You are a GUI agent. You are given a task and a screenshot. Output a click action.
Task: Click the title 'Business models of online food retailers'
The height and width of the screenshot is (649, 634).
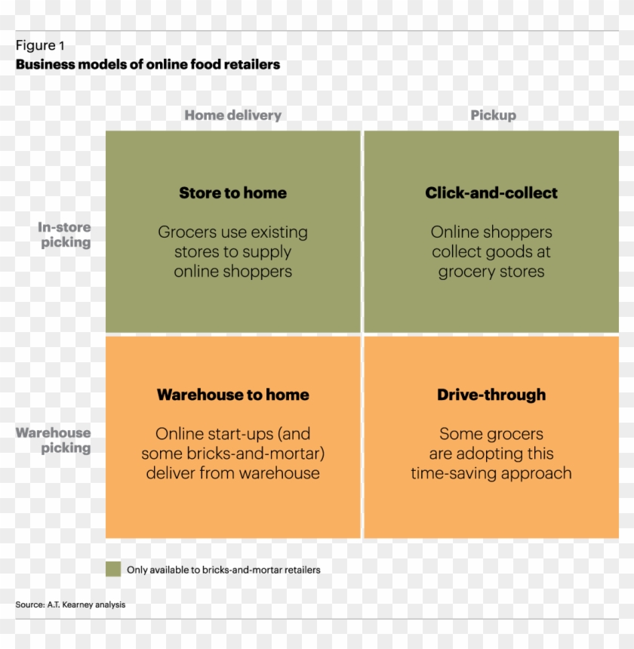[x=148, y=65]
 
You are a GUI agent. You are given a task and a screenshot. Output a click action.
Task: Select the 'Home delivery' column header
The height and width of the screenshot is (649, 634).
[x=232, y=115]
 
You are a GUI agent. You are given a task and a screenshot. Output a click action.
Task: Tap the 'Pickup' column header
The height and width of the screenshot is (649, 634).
[x=493, y=115]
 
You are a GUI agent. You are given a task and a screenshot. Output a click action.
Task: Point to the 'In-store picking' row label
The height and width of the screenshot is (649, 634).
[x=64, y=235]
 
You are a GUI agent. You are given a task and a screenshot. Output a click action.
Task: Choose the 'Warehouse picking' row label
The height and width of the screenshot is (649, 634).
[x=54, y=440]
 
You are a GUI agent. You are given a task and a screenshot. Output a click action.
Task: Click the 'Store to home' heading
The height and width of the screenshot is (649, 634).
[x=232, y=193]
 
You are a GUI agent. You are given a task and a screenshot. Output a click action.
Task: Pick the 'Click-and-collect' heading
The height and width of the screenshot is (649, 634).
[x=491, y=193]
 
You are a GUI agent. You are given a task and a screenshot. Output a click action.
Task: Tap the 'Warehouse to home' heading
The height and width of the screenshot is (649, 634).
[x=232, y=395]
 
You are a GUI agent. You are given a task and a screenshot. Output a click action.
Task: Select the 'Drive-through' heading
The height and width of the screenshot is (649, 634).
[x=491, y=395]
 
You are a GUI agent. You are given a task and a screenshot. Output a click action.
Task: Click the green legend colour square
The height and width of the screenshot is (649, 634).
[x=113, y=569]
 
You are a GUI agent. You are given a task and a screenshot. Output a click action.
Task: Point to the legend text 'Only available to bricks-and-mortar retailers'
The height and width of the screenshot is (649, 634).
[x=223, y=570]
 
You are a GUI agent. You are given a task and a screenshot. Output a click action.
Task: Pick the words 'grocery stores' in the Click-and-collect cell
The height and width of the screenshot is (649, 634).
[x=491, y=272]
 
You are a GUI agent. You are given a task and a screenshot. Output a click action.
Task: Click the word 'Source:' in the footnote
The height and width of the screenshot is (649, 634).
[x=28, y=604]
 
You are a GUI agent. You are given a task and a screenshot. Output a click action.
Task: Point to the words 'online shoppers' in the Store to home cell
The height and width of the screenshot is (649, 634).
[x=232, y=272]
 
